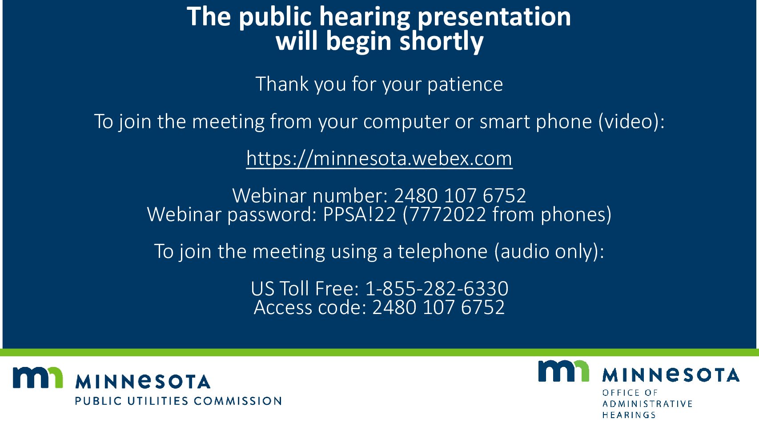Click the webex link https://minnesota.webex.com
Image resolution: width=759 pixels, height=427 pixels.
click(x=379, y=158)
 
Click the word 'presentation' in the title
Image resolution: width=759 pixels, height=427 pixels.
click(x=494, y=17)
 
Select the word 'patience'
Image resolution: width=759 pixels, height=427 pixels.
click(x=465, y=84)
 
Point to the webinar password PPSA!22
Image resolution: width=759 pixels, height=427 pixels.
click(x=359, y=214)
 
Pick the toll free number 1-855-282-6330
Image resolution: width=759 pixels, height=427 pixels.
click(x=437, y=288)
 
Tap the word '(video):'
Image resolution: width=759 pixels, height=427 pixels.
click(x=631, y=121)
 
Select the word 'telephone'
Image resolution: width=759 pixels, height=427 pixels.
click(x=442, y=251)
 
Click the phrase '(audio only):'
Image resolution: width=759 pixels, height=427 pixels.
click(x=549, y=251)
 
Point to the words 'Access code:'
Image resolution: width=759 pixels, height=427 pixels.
click(x=310, y=307)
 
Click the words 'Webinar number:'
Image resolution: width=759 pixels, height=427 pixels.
click(x=310, y=196)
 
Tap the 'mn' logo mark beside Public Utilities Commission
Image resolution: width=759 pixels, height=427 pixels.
click(x=38, y=377)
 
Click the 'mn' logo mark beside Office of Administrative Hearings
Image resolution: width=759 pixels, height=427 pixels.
click(x=563, y=371)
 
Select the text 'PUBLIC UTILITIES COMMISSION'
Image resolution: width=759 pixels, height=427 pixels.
click(x=178, y=401)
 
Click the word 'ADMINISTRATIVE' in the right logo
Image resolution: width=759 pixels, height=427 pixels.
click(x=647, y=404)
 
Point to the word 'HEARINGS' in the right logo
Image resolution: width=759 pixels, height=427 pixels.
click(x=629, y=415)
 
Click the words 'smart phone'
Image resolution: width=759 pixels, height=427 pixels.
click(x=536, y=122)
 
